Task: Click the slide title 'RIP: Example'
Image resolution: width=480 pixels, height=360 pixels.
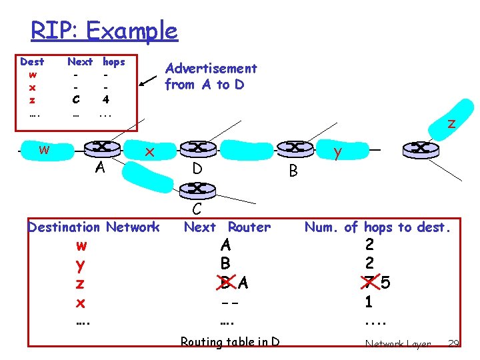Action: tap(104, 31)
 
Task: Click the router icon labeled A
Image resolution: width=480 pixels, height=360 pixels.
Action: tap(101, 147)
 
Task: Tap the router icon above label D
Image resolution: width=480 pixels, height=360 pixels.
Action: tap(197, 147)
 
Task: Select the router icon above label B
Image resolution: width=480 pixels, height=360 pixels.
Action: tap(291, 147)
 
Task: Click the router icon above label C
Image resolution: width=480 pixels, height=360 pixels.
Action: tap(197, 189)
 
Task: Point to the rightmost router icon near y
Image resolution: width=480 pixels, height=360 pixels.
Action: tap(419, 147)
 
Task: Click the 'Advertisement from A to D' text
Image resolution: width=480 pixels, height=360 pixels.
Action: tap(211, 76)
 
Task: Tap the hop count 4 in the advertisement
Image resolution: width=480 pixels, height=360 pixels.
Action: tap(105, 100)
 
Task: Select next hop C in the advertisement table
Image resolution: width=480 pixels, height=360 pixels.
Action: tap(75, 100)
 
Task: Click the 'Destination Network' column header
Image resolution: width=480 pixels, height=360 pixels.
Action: tap(93, 227)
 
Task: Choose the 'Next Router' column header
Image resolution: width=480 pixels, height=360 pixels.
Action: tap(227, 227)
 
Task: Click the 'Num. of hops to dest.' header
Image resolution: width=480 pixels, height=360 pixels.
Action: tap(378, 227)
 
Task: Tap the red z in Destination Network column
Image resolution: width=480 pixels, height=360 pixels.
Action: tap(80, 284)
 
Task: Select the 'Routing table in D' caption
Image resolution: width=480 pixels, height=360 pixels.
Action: tap(230, 342)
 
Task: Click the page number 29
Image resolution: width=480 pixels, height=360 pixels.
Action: tap(453, 343)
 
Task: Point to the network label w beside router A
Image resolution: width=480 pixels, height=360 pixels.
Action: tap(44, 149)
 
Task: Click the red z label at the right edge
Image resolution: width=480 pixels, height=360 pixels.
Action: tap(451, 123)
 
